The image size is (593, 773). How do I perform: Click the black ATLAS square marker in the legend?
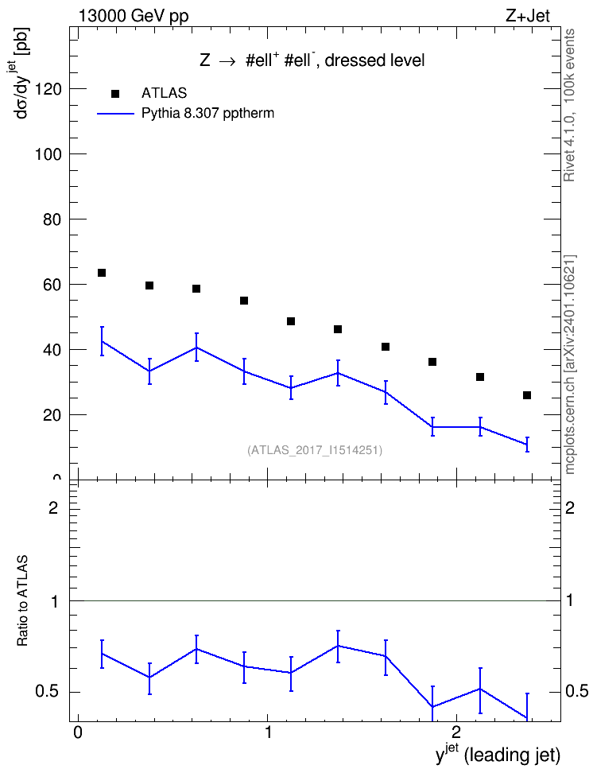115,94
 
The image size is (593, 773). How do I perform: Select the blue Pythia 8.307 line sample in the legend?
115,114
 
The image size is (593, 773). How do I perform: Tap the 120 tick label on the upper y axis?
48,89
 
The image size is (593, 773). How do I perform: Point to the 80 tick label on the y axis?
52,219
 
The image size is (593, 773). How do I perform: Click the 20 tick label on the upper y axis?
52,415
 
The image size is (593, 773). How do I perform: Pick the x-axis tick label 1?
268,732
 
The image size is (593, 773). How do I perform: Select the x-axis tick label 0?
77,732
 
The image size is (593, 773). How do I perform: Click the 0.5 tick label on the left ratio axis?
47,692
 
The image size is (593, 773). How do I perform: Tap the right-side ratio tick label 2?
570,507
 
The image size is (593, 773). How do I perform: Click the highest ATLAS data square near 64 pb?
102,273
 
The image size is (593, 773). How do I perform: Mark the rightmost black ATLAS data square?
527,395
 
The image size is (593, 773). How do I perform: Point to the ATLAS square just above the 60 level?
149,286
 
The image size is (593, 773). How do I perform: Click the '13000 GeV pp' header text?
134,17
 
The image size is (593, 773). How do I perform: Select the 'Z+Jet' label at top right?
528,16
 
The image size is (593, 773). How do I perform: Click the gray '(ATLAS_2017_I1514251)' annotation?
315,450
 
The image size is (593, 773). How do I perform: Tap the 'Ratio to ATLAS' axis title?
22,600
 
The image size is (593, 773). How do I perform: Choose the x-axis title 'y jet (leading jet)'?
498,754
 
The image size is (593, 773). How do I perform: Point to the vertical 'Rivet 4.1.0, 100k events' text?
569,105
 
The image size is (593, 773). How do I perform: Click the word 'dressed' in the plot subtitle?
349,60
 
